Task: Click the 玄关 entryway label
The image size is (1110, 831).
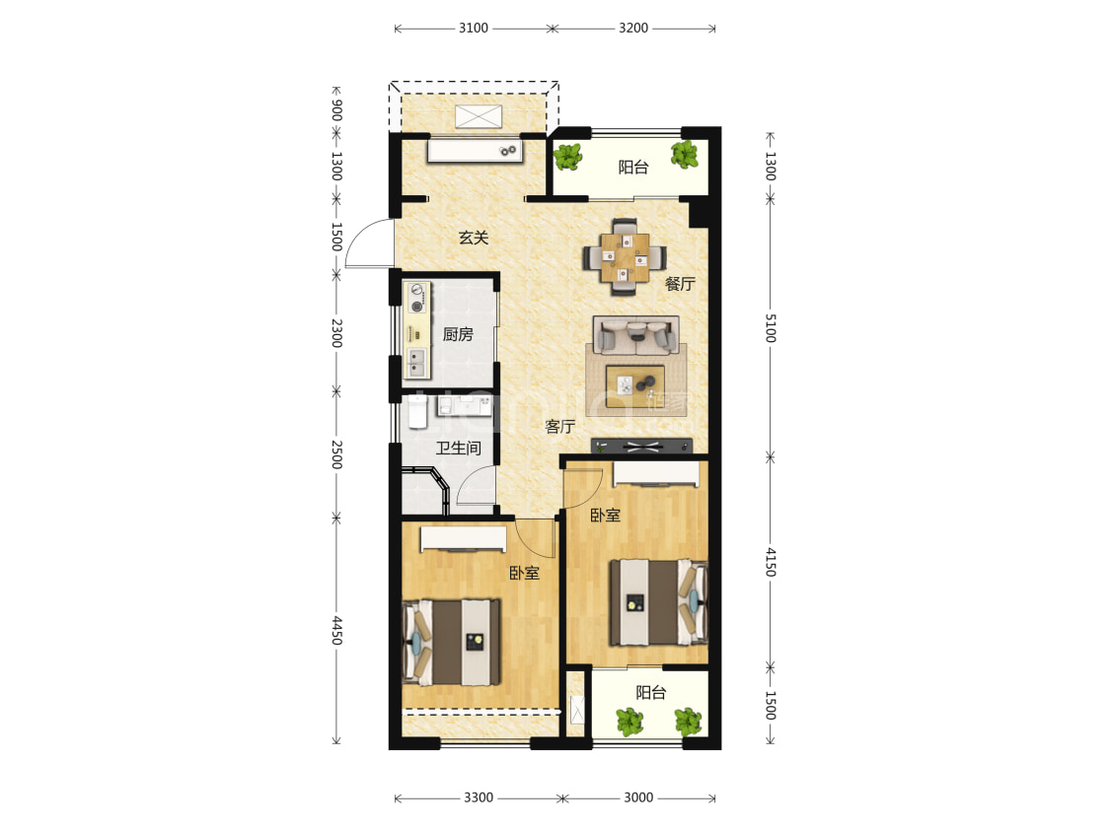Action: (474, 238)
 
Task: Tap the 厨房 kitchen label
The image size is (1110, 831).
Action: (458, 334)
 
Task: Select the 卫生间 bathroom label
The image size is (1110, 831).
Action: (458, 448)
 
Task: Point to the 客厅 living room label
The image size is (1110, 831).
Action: (560, 427)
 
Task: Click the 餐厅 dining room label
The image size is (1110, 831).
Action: (680, 284)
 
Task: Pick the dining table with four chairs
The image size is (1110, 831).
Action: (625, 256)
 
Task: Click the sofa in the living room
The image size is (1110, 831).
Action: (635, 335)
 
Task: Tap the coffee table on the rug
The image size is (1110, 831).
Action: (635, 386)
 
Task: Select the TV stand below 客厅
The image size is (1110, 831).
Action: (641, 447)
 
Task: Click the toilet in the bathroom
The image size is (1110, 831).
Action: (417, 412)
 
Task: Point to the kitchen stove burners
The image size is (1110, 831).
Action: (417, 298)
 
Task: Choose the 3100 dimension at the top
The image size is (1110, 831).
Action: (474, 28)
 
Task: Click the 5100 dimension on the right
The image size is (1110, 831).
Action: (771, 328)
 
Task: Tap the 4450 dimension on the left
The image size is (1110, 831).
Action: (337, 630)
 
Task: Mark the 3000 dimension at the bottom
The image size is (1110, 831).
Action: (637, 797)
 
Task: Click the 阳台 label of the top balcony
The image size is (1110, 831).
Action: (632, 167)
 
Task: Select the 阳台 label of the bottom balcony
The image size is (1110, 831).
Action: (650, 692)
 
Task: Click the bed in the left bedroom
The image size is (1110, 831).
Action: (452, 642)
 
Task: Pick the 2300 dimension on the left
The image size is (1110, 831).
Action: (337, 332)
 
